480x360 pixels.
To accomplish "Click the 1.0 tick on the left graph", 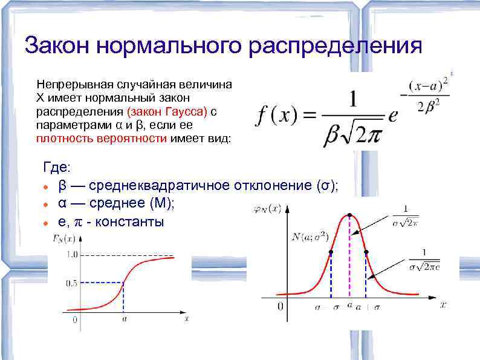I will pos(71,255).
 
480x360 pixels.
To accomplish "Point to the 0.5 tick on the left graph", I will pos(71,283).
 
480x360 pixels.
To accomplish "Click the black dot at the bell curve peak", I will pos(349,215).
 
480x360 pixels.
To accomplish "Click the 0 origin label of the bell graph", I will pos(281,306).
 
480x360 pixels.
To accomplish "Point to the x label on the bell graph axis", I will pos(443,305).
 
